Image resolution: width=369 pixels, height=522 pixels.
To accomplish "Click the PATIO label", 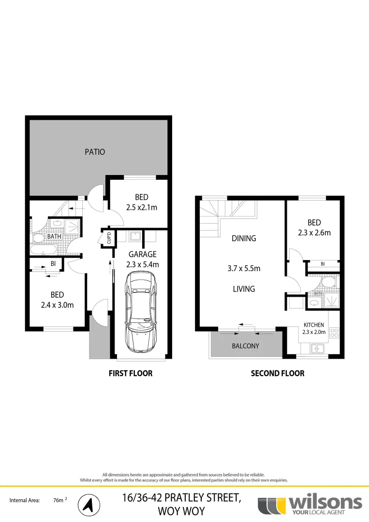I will pyautogui.click(x=95, y=152).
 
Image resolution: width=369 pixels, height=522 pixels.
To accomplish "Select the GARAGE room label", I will pyautogui.click(x=143, y=254).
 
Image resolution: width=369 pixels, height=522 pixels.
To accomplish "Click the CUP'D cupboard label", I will pyautogui.click(x=109, y=238).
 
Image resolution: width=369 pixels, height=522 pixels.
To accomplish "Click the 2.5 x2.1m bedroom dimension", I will pyautogui.click(x=142, y=207).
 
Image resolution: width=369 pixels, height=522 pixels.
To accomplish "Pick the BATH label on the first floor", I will pyautogui.click(x=54, y=236).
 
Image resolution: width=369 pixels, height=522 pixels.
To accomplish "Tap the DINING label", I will pyautogui.click(x=244, y=238).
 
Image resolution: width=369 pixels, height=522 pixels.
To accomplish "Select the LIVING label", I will pyautogui.click(x=243, y=289).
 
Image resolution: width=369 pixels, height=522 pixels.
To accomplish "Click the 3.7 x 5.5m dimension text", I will pyautogui.click(x=244, y=268).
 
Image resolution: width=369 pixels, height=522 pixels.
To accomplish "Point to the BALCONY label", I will pyautogui.click(x=246, y=346).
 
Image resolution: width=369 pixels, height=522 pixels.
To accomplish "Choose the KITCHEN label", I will pyautogui.click(x=314, y=325).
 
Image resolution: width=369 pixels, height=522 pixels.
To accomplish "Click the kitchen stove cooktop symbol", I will pyautogui.click(x=334, y=333).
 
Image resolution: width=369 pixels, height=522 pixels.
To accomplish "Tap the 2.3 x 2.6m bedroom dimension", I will pyautogui.click(x=314, y=232).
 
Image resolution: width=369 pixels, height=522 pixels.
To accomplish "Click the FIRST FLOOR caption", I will pyautogui.click(x=130, y=373).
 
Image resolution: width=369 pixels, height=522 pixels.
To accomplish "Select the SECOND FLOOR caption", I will pyautogui.click(x=278, y=373).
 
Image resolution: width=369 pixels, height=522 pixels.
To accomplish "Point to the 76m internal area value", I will pyautogui.click(x=59, y=501).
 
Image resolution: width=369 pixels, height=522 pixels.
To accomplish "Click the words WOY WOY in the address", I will pyautogui.click(x=181, y=511).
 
